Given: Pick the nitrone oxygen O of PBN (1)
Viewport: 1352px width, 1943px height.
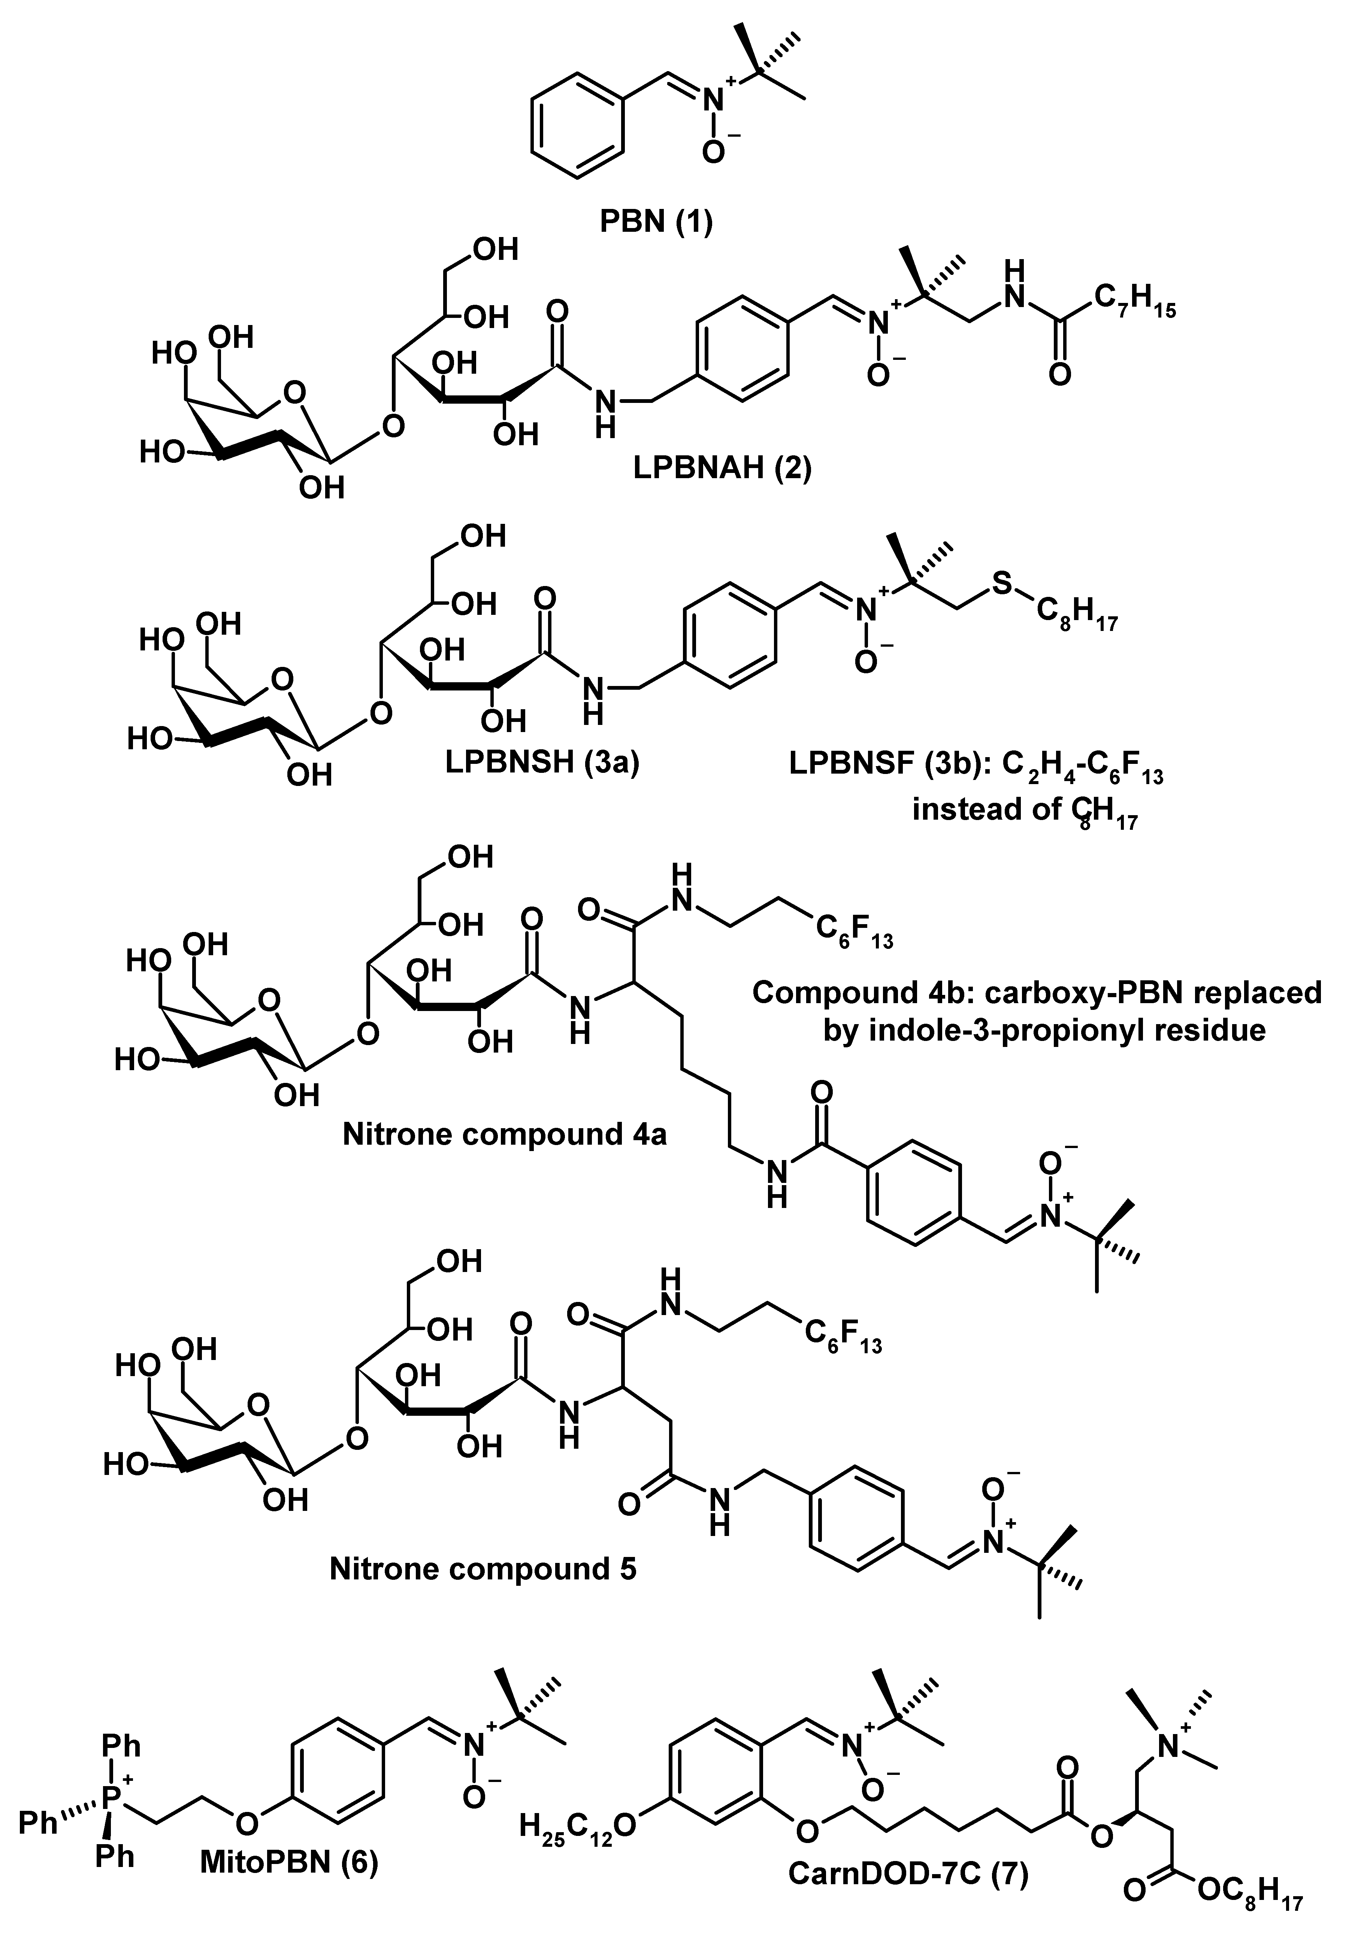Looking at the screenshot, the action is (x=714, y=152).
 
